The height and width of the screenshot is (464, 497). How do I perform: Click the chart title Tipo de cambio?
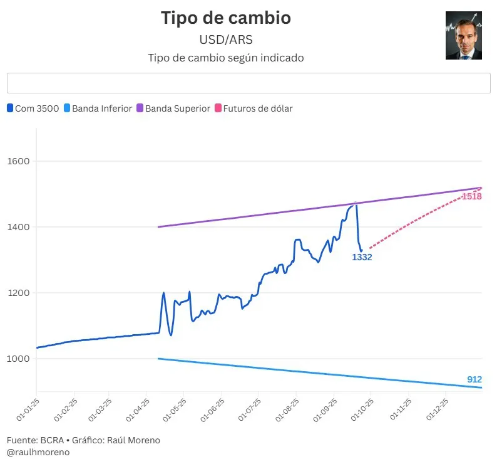tap(226, 18)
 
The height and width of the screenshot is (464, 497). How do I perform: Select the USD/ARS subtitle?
tap(226, 40)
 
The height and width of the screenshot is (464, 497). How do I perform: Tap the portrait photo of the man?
tap(463, 36)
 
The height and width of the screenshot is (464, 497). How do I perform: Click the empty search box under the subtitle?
tap(248, 83)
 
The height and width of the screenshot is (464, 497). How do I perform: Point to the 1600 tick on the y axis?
tap(19, 161)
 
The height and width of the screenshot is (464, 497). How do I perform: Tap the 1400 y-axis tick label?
tap(19, 227)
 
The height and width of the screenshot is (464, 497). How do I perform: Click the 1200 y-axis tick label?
tap(19, 293)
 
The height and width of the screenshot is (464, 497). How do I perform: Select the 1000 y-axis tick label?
tap(19, 359)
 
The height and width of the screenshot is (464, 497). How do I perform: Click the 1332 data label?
tap(362, 257)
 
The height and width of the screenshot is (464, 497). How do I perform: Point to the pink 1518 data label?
tap(471, 197)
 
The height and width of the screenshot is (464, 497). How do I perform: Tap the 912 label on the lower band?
tap(474, 379)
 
